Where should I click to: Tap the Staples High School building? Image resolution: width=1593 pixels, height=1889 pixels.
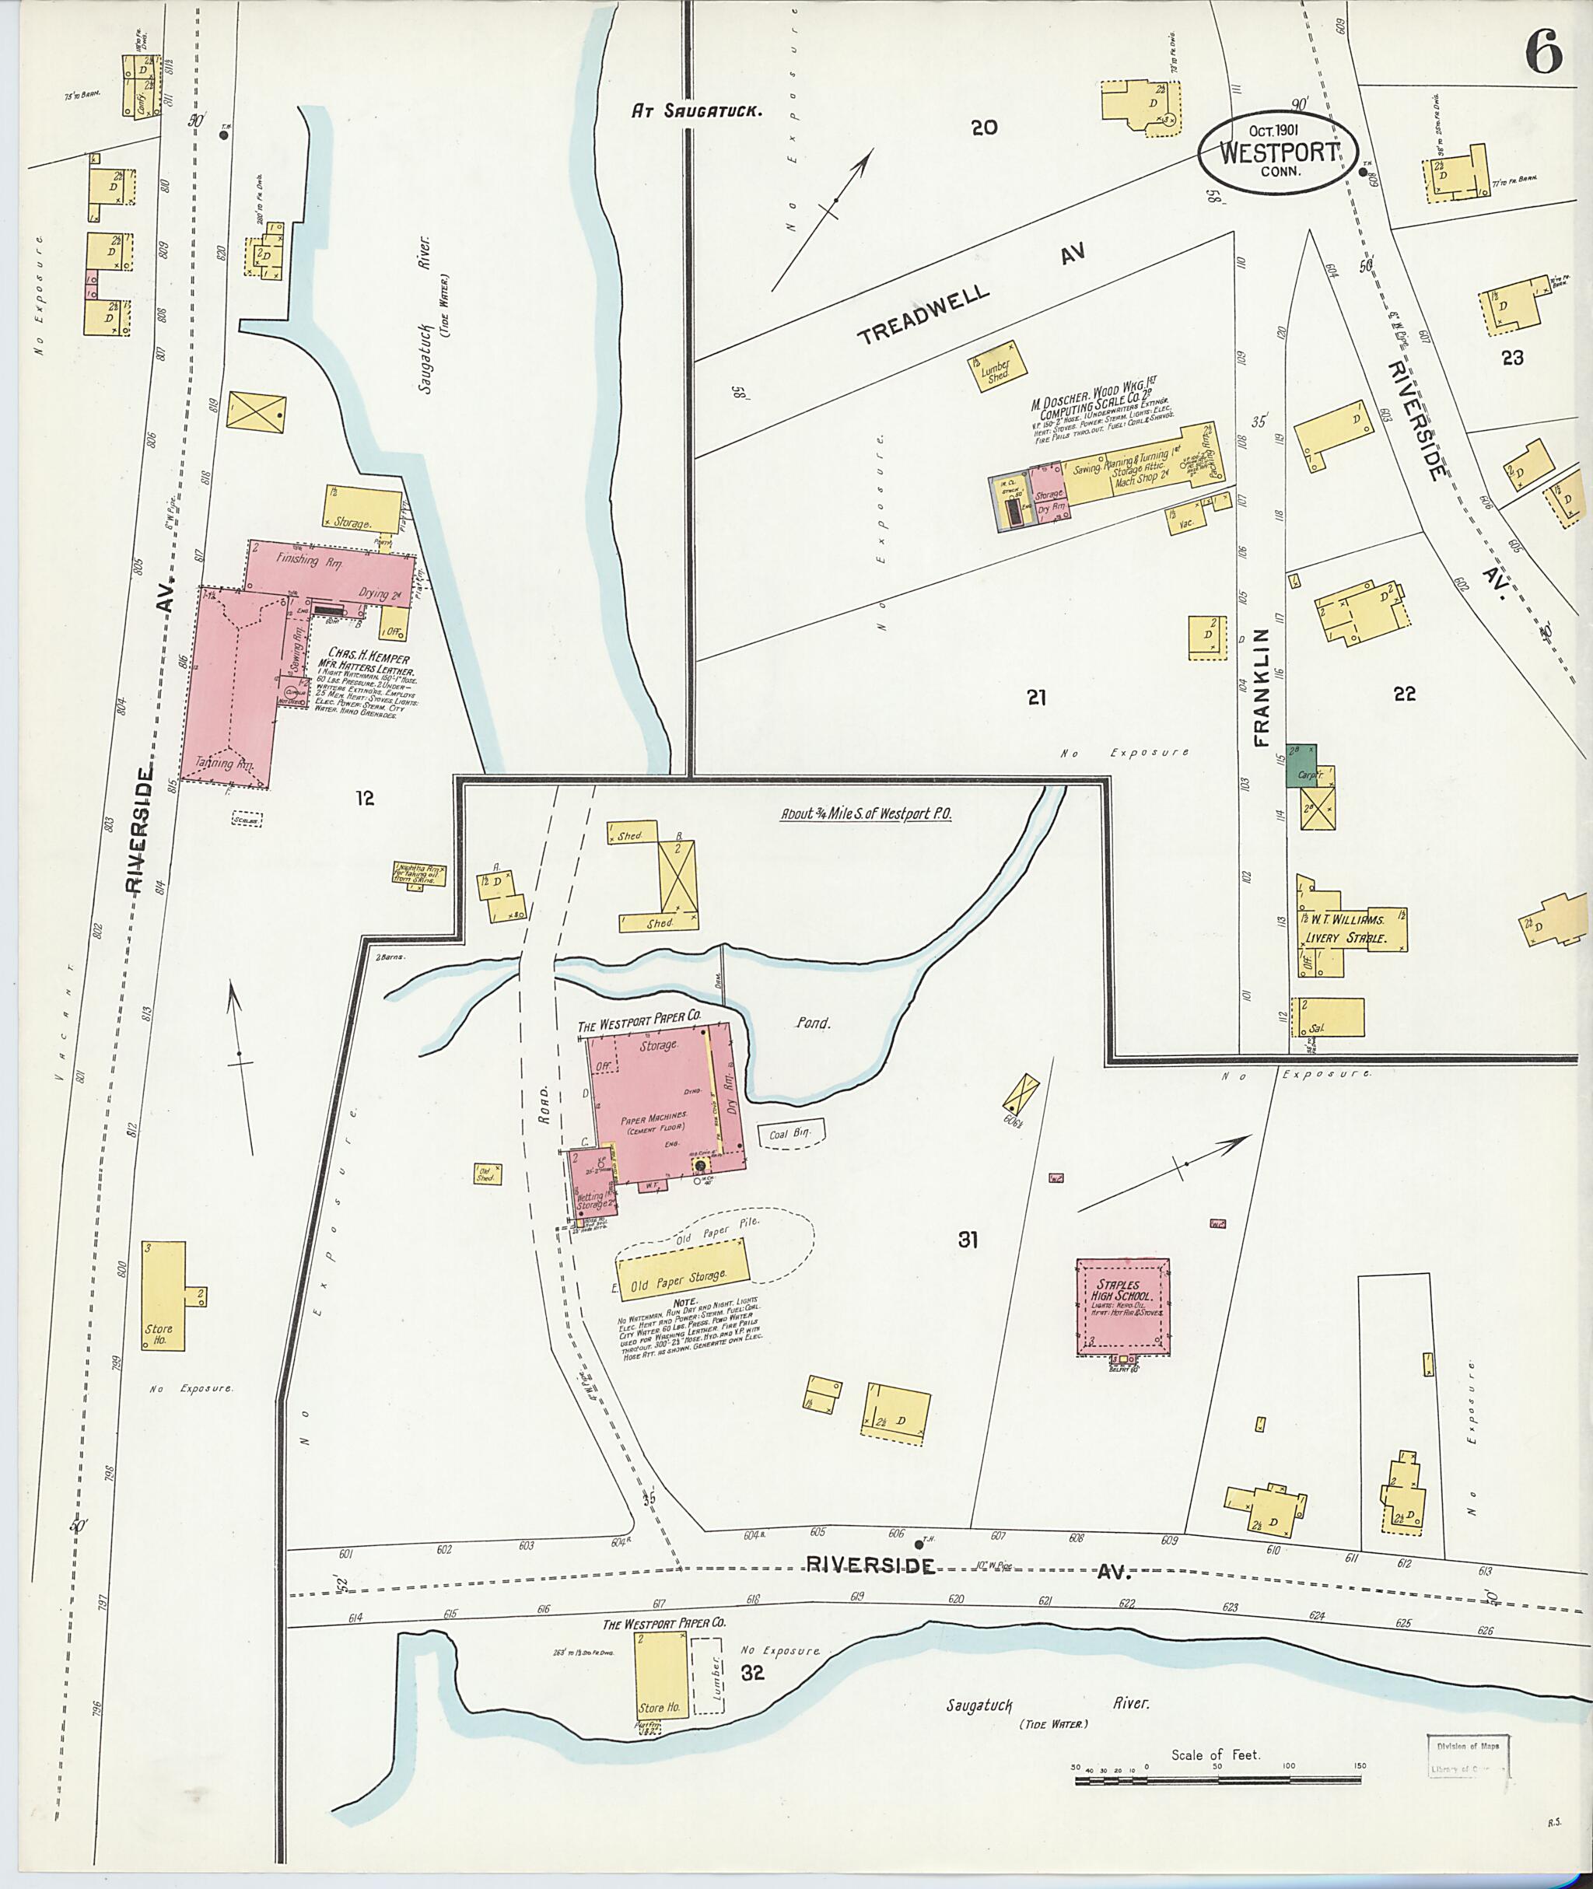(x=1122, y=1307)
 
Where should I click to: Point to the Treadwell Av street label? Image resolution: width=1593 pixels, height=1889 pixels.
(x=970, y=296)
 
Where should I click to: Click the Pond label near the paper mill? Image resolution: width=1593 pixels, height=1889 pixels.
(x=812, y=1024)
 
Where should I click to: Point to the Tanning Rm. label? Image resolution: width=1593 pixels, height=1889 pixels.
(x=226, y=764)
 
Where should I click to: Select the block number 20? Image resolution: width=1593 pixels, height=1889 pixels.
(x=983, y=128)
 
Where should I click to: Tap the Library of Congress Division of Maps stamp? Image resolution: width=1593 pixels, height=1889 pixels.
(x=1468, y=1756)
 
